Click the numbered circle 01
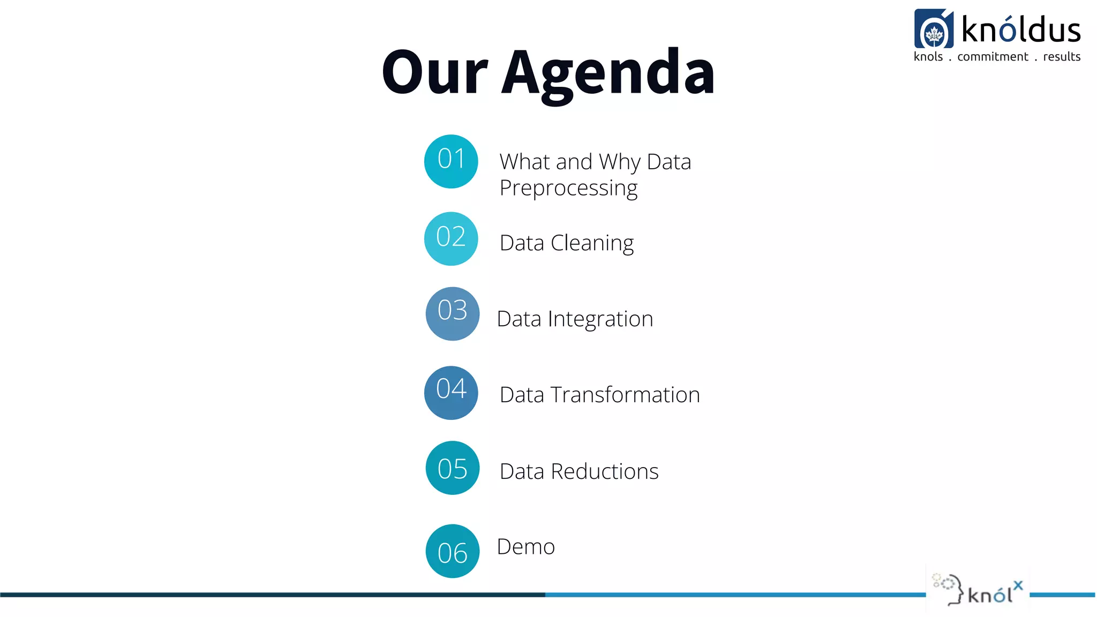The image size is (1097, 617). (451, 161)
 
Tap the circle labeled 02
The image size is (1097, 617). (451, 239)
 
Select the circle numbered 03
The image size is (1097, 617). (453, 314)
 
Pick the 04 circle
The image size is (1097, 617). (451, 393)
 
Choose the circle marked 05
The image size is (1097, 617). (453, 468)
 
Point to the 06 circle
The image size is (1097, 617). (453, 551)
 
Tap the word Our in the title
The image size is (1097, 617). (434, 72)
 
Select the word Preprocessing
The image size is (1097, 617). (568, 189)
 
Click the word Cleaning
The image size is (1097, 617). (592, 243)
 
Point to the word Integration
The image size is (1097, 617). (600, 319)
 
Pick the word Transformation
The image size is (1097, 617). (625, 395)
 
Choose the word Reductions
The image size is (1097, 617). (604, 472)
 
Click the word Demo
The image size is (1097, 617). (526, 547)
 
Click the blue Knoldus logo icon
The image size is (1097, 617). (934, 29)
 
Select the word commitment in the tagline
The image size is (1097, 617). (993, 57)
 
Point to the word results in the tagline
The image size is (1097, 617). (1062, 57)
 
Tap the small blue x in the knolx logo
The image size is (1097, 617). (1018, 585)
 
